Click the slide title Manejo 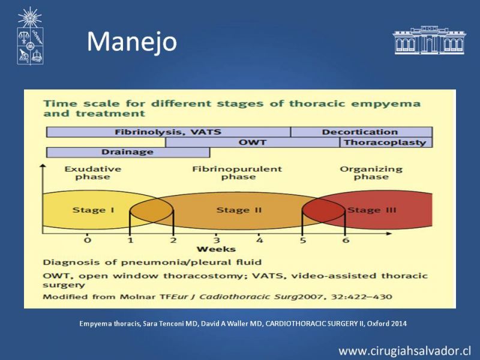[x=132, y=42]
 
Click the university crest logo [x=30, y=36]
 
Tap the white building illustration [x=429, y=40]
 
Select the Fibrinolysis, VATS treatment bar [x=169, y=132]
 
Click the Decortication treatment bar [x=362, y=132]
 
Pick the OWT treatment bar [x=253, y=142]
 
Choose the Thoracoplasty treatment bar [x=386, y=142]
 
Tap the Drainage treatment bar [x=128, y=152]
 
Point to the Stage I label [x=94, y=210]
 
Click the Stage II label [x=239, y=210]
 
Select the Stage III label [x=372, y=210]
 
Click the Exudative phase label [x=93, y=173]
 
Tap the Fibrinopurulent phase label [x=237, y=173]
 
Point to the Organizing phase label [x=371, y=173]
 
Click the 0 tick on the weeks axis [x=88, y=240]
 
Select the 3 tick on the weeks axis [x=217, y=240]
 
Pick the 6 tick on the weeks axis [x=346, y=240]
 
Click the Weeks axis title [x=216, y=249]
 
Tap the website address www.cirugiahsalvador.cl [x=404, y=351]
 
